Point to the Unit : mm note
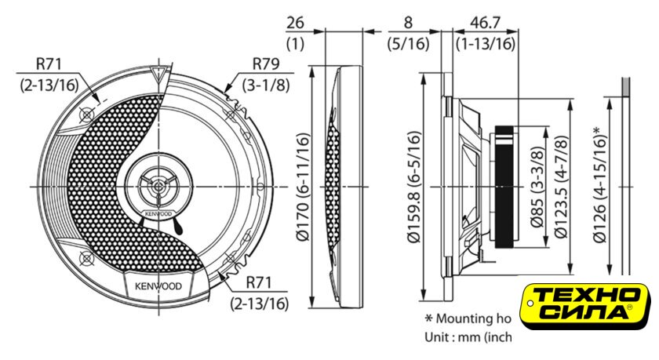(468, 338)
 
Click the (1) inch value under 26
(296, 44)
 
